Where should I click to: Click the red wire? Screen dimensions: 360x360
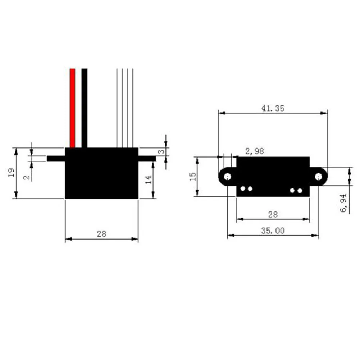pos(72,108)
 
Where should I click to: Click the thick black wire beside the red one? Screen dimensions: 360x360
pos(84,108)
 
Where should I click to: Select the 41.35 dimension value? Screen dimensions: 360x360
pos(273,108)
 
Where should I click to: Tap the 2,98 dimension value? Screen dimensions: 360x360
pos(255,151)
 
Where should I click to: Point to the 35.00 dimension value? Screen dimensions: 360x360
pos(273,231)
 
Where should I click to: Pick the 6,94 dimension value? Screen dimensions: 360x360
pos(343,203)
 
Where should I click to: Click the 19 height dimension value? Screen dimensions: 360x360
pos(11,172)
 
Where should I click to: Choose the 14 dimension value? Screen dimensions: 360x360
pos(149,179)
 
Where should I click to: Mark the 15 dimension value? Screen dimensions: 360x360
pos(193,176)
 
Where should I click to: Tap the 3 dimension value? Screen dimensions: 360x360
pos(161,152)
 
